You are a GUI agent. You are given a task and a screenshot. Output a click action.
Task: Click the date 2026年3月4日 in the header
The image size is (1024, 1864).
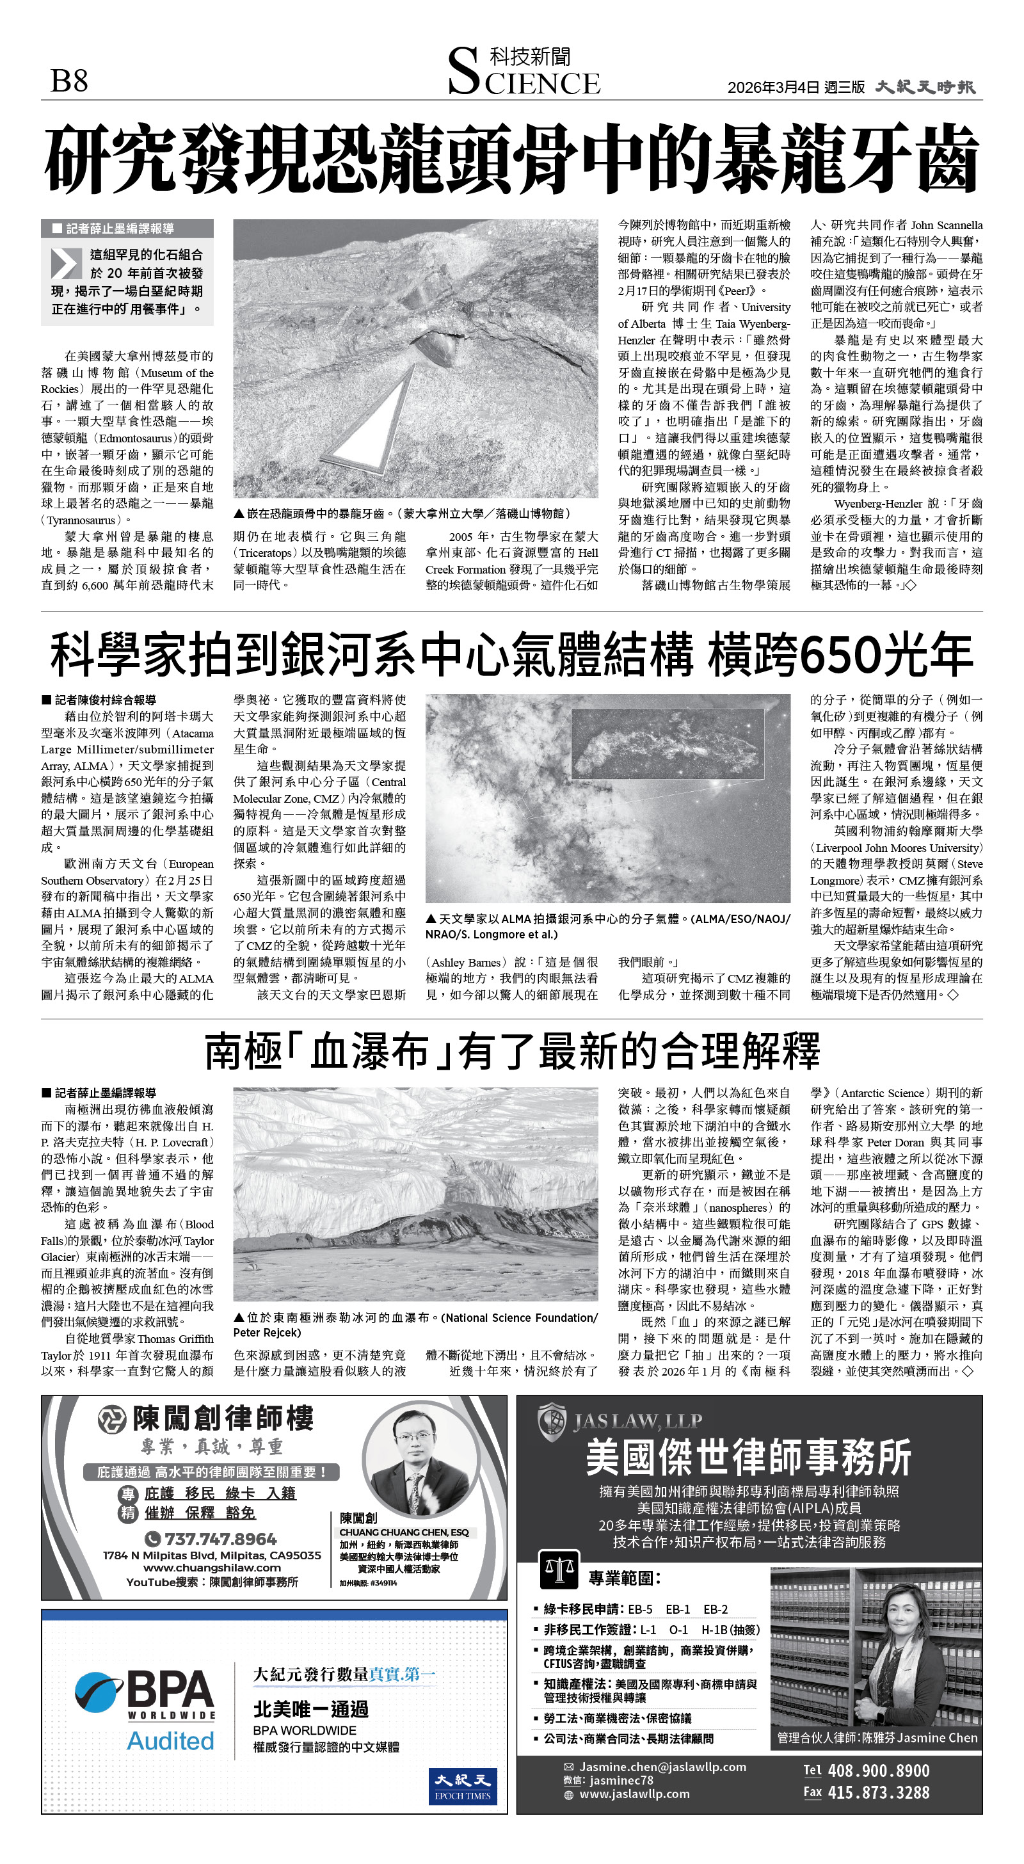point(773,88)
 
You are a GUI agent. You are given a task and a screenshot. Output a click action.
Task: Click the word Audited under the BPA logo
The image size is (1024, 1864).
point(171,1741)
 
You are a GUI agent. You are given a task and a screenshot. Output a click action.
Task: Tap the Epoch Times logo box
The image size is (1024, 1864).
point(463,1786)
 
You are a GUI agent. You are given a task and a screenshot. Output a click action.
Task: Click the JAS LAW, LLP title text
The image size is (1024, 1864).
point(637,1421)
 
